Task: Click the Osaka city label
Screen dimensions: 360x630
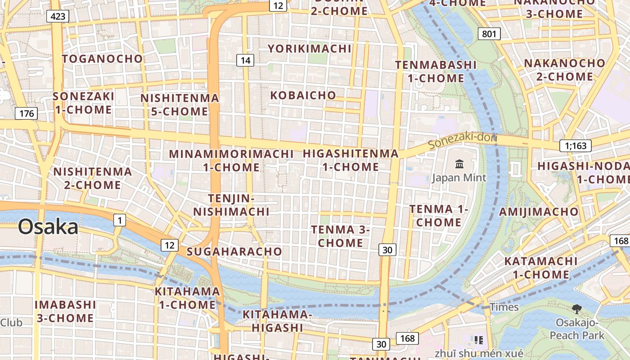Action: pyautogui.click(x=48, y=227)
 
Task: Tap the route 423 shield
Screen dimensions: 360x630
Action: pyautogui.click(x=58, y=17)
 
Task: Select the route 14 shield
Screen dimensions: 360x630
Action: pyautogui.click(x=245, y=60)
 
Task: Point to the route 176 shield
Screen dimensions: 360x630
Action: pyautogui.click(x=27, y=113)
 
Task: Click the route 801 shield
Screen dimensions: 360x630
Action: pyautogui.click(x=489, y=34)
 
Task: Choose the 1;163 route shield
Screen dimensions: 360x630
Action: pyautogui.click(x=576, y=146)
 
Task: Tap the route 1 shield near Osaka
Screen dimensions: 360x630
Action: pyautogui.click(x=119, y=220)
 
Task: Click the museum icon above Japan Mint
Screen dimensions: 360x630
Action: pyautogui.click(x=459, y=164)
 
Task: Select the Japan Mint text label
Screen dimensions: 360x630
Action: pyautogui.click(x=459, y=178)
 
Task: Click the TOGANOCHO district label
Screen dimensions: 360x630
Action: pyautogui.click(x=102, y=59)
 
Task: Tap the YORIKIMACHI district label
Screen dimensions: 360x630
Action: pyautogui.click(x=310, y=49)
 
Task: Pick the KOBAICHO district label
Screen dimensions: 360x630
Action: pyautogui.click(x=303, y=95)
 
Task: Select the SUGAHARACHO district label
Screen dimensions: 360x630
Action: pyautogui.click(x=234, y=252)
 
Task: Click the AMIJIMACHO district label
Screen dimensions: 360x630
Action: pyautogui.click(x=539, y=211)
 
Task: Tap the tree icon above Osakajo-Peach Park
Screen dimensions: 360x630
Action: pyautogui.click(x=576, y=309)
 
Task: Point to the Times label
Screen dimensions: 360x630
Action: pyautogui.click(x=504, y=307)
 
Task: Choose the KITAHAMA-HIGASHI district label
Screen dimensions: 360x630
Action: pyautogui.click(x=277, y=321)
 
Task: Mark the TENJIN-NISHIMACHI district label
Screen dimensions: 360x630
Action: pyautogui.click(x=232, y=205)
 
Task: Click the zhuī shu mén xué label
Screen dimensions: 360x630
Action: pyautogui.click(x=479, y=353)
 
